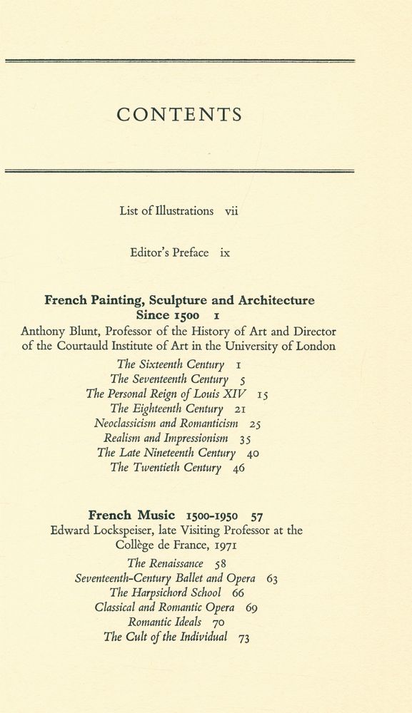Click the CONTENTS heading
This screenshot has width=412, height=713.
179,115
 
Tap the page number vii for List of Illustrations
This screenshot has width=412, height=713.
231,211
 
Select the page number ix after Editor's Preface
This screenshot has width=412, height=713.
225,252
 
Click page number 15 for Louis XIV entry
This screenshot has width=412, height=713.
262,394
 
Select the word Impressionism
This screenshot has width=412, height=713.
196,438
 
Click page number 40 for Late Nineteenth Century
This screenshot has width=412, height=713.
252,453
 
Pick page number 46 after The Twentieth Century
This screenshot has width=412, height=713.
238,468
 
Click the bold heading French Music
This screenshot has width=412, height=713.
131,515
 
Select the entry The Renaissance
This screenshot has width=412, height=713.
165,563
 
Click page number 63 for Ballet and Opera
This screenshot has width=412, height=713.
271,578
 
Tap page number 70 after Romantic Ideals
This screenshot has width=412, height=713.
218,622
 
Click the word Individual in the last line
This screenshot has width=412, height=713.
200,637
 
